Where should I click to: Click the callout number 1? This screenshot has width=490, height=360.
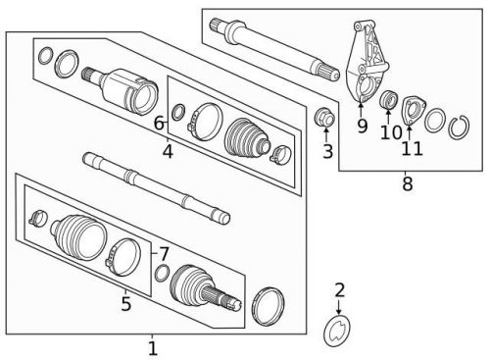point(152,346)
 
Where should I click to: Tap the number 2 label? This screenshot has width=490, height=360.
point(339,289)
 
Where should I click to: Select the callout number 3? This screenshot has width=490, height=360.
point(327,151)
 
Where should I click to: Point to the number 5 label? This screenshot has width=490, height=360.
point(125,303)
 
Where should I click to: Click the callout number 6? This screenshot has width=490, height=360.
point(158,123)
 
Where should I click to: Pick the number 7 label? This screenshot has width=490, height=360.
point(164,254)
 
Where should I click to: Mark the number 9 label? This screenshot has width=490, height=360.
point(362,127)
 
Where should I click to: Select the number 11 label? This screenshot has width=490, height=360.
point(412,148)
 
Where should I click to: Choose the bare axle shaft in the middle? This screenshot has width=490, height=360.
point(157,186)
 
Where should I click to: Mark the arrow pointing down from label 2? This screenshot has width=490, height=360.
point(339,307)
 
